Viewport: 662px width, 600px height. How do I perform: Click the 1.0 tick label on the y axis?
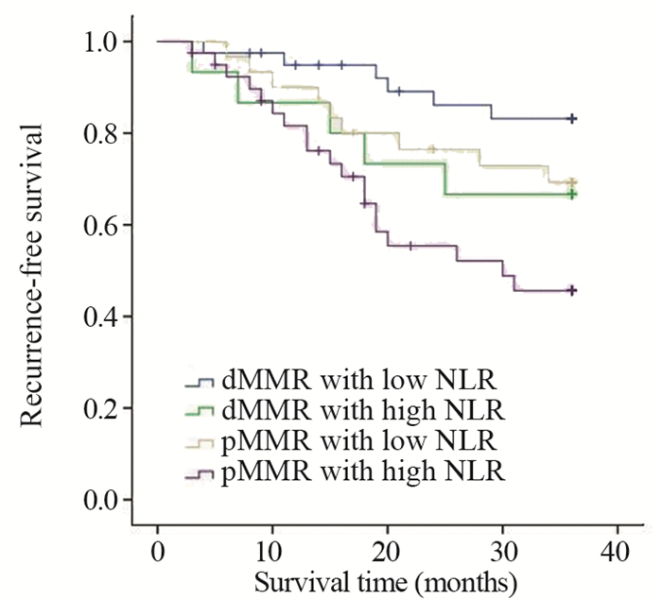(x=100, y=42)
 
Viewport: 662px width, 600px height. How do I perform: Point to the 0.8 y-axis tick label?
(x=100, y=133)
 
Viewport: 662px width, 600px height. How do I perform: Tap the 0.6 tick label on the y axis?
(x=100, y=225)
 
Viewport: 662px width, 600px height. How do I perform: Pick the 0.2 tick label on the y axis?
(x=100, y=407)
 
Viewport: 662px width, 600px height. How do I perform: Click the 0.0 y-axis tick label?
(x=100, y=499)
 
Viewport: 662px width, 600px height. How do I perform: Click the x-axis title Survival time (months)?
(x=386, y=577)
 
